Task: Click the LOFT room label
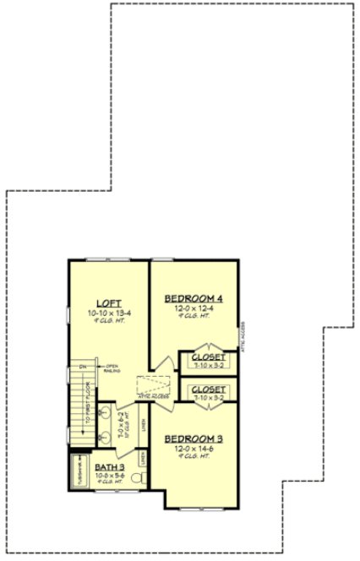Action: pyautogui.click(x=108, y=302)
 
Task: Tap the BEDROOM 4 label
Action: pyautogui.click(x=194, y=298)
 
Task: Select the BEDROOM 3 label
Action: pyautogui.click(x=194, y=438)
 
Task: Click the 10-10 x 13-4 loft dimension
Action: pyautogui.click(x=108, y=313)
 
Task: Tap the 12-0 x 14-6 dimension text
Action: pyautogui.click(x=194, y=449)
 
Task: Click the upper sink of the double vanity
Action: pyautogui.click(x=103, y=415)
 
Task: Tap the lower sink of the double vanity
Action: pyautogui.click(x=103, y=438)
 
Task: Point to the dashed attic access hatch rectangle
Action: pyautogui.click(x=155, y=385)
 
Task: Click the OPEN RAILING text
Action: pyautogui.click(x=112, y=368)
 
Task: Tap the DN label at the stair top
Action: pyautogui.click(x=83, y=367)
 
